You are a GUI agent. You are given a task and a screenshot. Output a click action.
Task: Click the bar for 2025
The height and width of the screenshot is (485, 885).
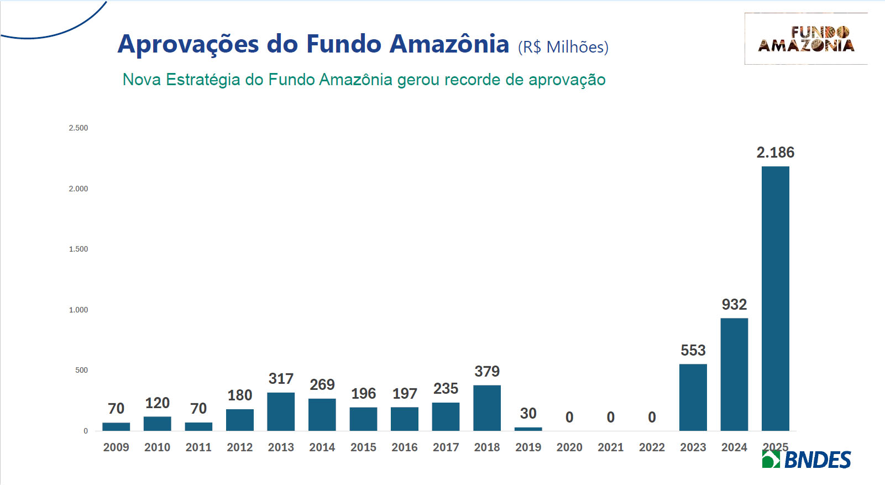pyautogui.click(x=775, y=299)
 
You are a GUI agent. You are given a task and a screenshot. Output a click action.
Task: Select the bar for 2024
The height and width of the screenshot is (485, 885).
pyautogui.click(x=734, y=374)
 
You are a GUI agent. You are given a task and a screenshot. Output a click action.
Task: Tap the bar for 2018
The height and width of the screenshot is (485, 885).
pyautogui.click(x=487, y=408)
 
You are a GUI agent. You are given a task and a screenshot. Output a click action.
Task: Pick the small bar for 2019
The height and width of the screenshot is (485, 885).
pyautogui.click(x=528, y=429)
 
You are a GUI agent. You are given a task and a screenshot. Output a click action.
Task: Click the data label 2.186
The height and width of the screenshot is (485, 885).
pyautogui.click(x=775, y=153)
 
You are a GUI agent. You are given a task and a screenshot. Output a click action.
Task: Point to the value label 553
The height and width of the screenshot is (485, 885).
pyautogui.click(x=693, y=351)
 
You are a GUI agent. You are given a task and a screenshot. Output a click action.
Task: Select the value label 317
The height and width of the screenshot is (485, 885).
pyautogui.click(x=281, y=379)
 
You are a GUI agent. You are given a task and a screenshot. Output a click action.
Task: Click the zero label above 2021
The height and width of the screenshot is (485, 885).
pyautogui.click(x=610, y=418)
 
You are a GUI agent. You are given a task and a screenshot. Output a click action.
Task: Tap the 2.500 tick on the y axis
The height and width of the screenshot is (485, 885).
pyautogui.click(x=78, y=128)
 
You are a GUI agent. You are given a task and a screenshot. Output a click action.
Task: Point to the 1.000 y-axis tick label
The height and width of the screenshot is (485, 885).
pyautogui.click(x=78, y=310)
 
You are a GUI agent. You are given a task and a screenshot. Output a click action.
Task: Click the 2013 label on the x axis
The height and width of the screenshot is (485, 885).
pyautogui.click(x=281, y=447)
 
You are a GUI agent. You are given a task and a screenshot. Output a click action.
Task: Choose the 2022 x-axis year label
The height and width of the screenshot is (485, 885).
pyautogui.click(x=652, y=447)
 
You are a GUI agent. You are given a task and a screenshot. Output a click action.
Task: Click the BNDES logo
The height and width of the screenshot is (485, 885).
pyautogui.click(x=807, y=460)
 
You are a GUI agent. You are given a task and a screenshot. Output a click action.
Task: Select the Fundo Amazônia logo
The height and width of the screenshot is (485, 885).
pyautogui.click(x=806, y=39)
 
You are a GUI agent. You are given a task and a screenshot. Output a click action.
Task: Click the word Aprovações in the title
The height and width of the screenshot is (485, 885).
pyautogui.click(x=188, y=45)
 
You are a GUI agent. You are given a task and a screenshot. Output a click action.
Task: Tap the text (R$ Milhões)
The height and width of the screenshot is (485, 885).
pyautogui.click(x=563, y=48)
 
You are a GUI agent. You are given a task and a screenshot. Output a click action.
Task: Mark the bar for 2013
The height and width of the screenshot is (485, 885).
pyautogui.click(x=281, y=411)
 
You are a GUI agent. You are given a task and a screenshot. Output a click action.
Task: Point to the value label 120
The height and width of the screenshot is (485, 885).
pyautogui.click(x=157, y=403)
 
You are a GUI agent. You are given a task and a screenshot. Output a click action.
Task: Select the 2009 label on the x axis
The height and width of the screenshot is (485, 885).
pyautogui.click(x=116, y=447)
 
